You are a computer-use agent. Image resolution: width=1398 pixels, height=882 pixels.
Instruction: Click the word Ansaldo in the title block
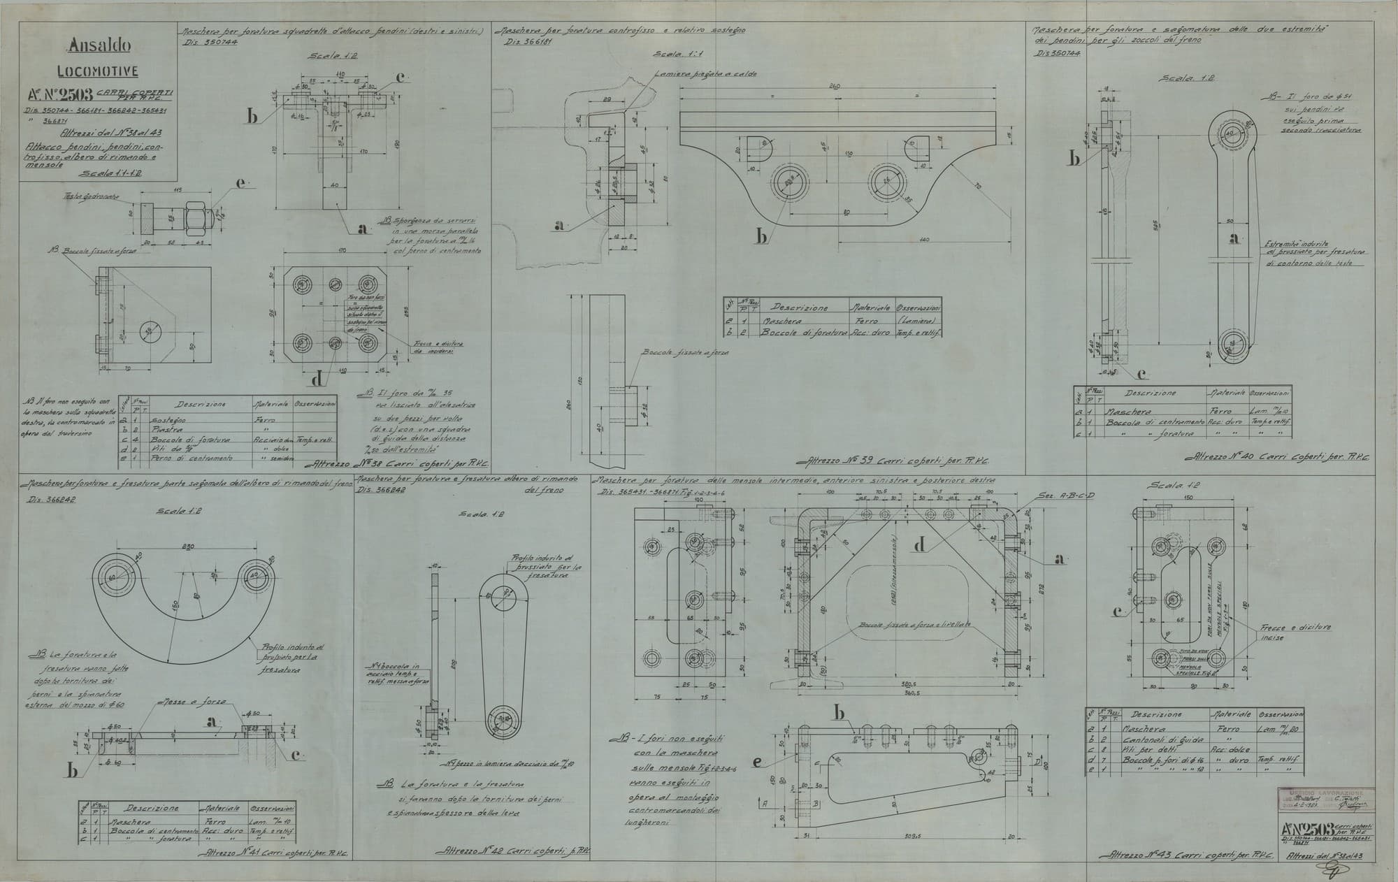(x=99, y=47)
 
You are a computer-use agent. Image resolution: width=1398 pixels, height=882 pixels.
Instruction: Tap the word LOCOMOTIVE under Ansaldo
(x=98, y=71)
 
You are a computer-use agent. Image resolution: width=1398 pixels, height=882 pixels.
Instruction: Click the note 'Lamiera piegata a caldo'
(x=687, y=73)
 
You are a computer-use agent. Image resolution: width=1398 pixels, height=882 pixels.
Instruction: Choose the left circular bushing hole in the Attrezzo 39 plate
(x=790, y=182)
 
